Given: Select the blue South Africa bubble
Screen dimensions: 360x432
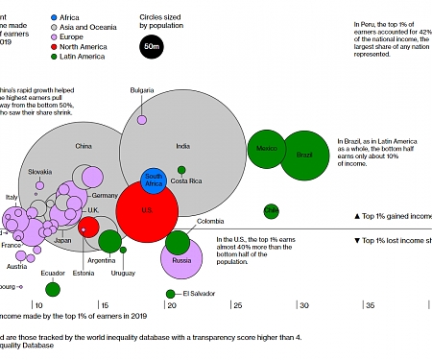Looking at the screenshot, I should pyautogui.click(x=153, y=180).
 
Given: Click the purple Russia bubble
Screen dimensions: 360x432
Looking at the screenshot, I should pyautogui.click(x=181, y=258).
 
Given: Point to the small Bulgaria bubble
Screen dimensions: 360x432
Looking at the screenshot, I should pyautogui.click(x=142, y=119).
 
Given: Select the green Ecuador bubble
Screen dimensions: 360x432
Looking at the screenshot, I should pyautogui.click(x=53, y=289).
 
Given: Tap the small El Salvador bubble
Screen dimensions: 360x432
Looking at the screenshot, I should pyautogui.click(x=170, y=294).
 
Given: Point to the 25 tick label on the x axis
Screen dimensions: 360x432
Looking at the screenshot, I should pyautogui.click(x=237, y=305).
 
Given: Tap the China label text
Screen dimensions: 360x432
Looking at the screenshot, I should pyautogui.click(x=84, y=146).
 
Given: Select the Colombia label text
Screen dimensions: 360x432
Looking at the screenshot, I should pyautogui.click(x=210, y=222).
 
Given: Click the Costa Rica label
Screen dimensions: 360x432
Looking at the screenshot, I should pyautogui.click(x=186, y=180).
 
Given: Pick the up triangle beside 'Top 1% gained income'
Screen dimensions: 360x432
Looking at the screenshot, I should pyautogui.click(x=357, y=217).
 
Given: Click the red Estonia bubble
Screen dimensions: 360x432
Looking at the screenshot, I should pyautogui.click(x=87, y=228).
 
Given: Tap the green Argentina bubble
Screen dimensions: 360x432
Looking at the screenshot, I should pyautogui.click(x=109, y=241).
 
